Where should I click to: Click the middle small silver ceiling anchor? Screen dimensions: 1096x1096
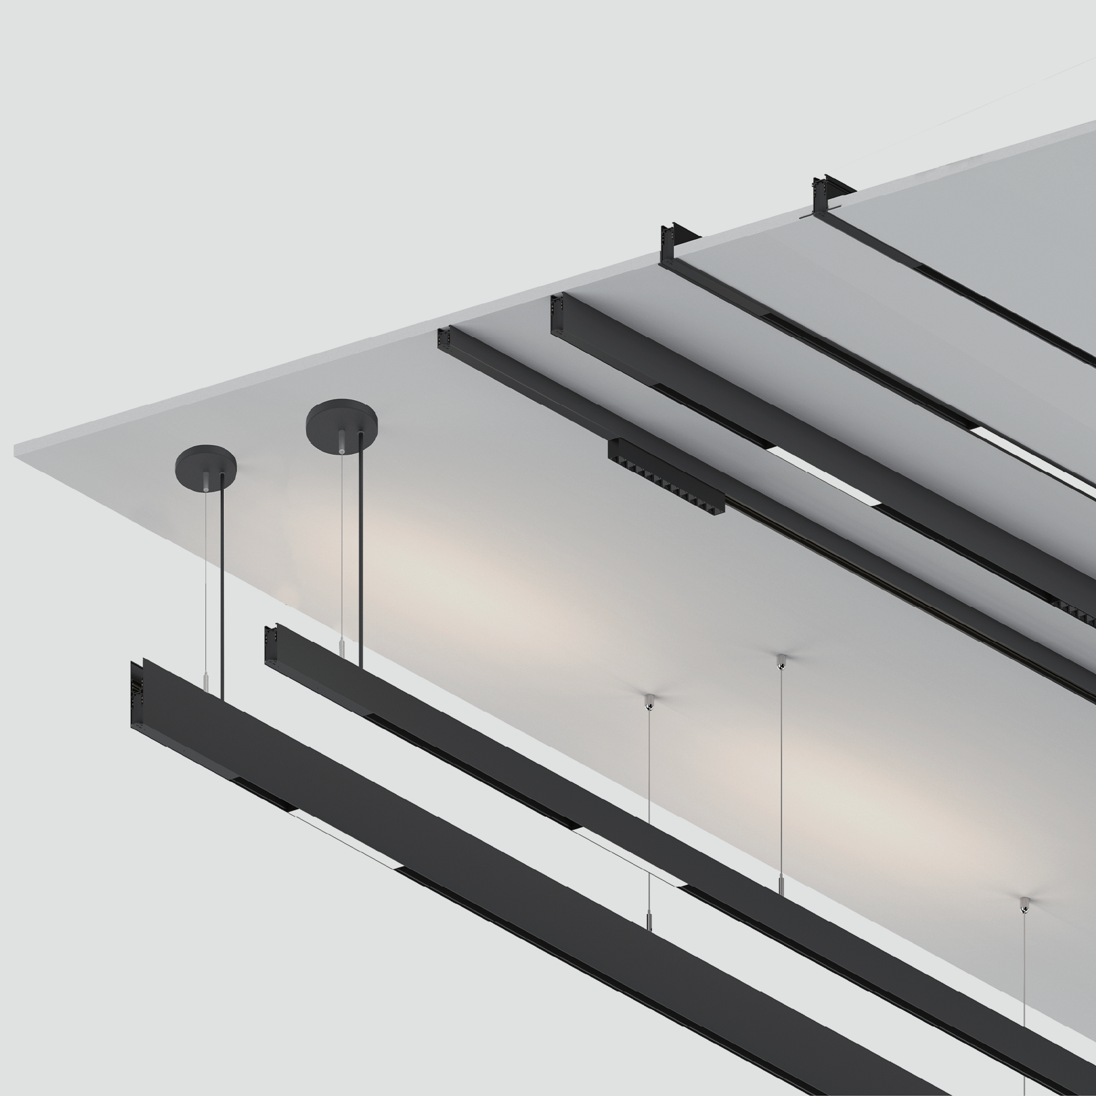click(x=780, y=662)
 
